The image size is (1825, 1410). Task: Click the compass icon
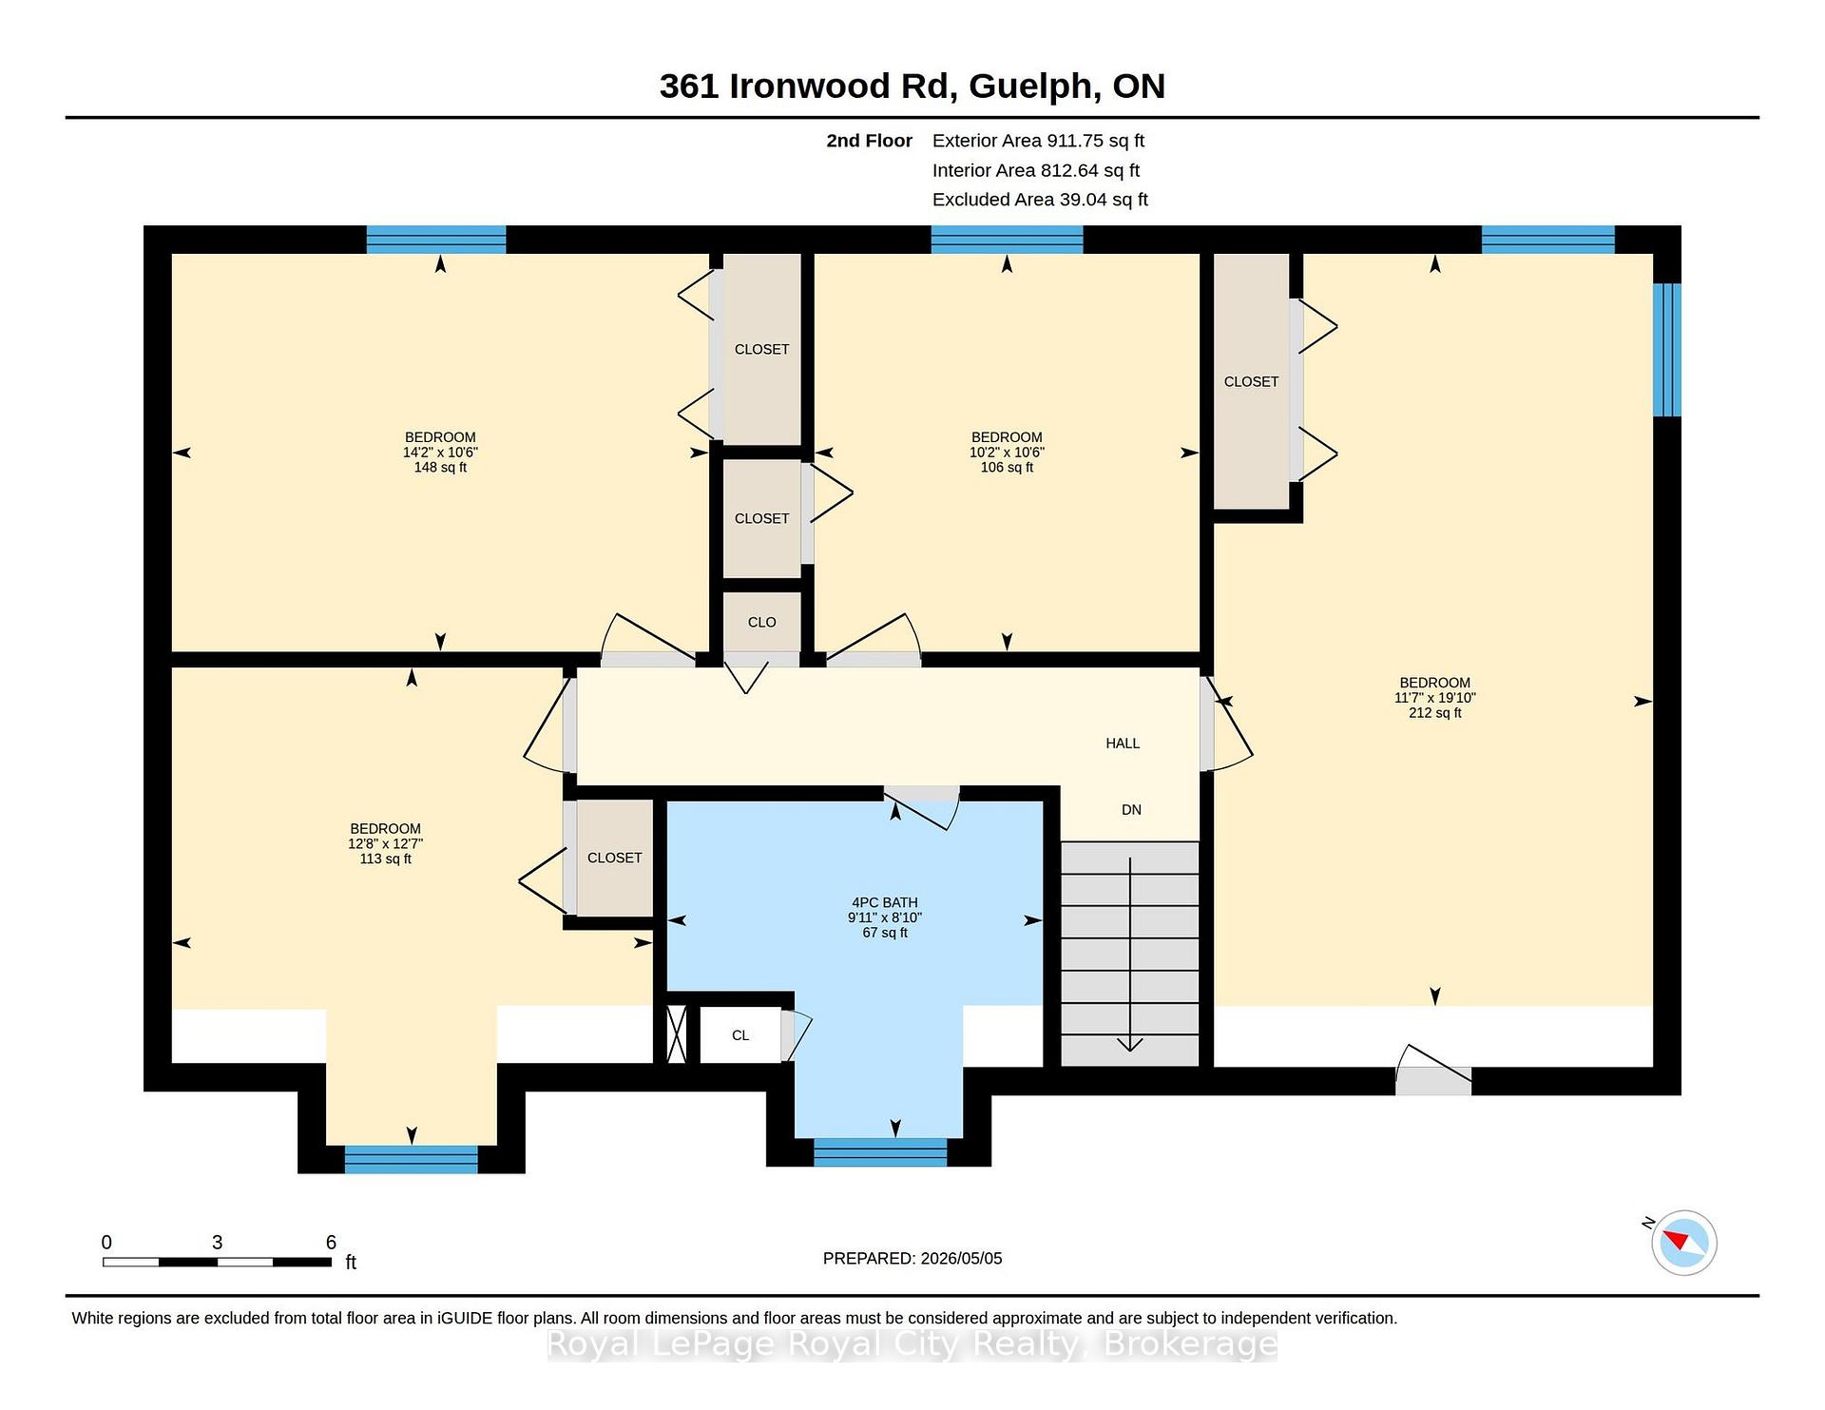[1683, 1242]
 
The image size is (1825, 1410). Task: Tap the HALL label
[1123, 744]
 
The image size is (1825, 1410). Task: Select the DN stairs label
[1131, 810]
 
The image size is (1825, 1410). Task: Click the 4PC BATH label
[885, 903]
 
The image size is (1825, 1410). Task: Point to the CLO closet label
[761, 622]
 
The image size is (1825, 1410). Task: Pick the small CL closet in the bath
[740, 1035]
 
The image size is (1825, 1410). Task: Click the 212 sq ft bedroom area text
[1435, 713]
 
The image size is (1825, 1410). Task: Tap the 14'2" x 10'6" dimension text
[440, 453]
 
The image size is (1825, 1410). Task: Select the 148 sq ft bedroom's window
[436, 240]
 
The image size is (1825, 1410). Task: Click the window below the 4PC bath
[880, 1152]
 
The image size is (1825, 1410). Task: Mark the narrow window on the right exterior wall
[1667, 350]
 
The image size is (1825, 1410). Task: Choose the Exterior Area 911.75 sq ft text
[1038, 141]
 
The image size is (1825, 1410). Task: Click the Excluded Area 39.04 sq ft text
[1040, 200]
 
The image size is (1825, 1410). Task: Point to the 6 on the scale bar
[331, 1242]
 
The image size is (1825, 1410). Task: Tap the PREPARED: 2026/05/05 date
[912, 1258]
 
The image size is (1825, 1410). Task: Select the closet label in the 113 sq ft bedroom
[615, 858]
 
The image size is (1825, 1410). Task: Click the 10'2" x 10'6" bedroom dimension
[1007, 453]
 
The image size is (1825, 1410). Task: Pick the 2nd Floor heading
[869, 141]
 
